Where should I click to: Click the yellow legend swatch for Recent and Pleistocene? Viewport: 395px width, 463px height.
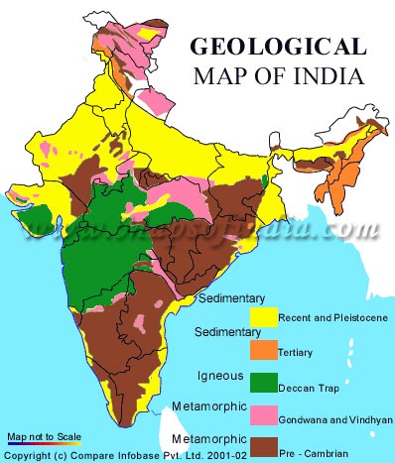(262, 317)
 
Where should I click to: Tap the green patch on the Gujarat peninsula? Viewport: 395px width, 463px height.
(36, 218)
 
